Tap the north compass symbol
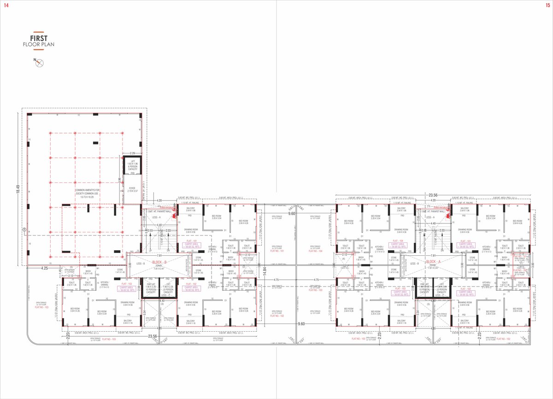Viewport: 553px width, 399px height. [x=40, y=64]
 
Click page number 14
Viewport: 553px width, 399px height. [x=6, y=5]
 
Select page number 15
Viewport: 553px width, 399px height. [x=547, y=5]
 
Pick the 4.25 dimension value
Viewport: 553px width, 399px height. [x=45, y=267]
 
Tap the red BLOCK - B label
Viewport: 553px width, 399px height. [x=159, y=262]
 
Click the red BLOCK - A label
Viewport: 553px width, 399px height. [x=435, y=261]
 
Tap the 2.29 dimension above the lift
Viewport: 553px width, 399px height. [x=132, y=153]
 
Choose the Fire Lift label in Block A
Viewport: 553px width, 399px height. [x=424, y=288]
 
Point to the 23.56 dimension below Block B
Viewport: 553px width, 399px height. [x=153, y=336]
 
